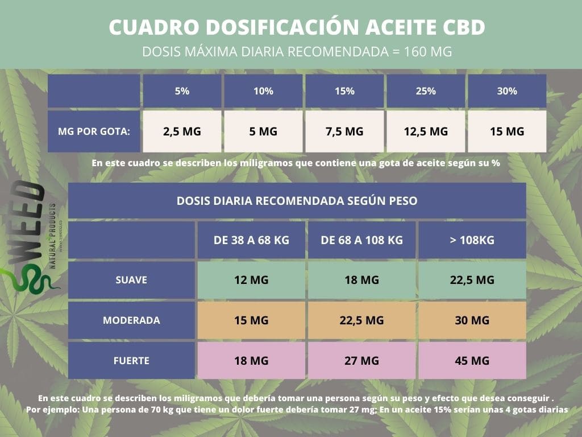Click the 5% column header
[x=182, y=91]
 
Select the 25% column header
[x=426, y=91]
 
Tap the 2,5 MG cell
[x=182, y=131]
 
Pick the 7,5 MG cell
[x=344, y=131]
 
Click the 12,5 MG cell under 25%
[x=426, y=131]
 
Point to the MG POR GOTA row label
[x=94, y=131]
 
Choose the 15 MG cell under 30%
[x=507, y=131]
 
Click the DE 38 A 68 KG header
[x=251, y=240]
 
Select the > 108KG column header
[x=472, y=240]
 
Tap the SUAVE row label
[x=131, y=280]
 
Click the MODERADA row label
[x=131, y=320]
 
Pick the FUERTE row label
[x=131, y=360]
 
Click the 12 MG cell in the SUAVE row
[x=251, y=280]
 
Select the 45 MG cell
[x=472, y=360]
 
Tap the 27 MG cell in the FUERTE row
[x=362, y=360]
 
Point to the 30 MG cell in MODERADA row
[x=472, y=320]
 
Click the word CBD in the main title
[x=464, y=27]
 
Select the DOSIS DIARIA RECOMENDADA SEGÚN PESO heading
[x=297, y=201]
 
